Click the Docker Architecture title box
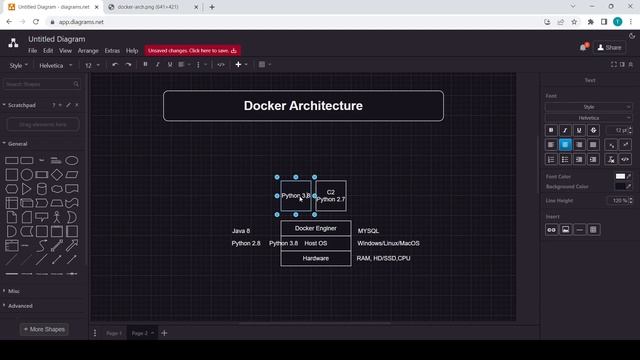click(303, 106)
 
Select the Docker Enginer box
click(315, 229)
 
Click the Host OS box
click(316, 243)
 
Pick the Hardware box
click(315, 258)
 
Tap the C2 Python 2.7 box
click(330, 195)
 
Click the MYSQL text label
click(368, 231)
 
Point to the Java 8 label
click(240, 231)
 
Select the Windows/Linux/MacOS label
click(388, 243)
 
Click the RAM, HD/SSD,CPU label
click(383, 258)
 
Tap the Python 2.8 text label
click(246, 243)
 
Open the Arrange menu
click(88, 50)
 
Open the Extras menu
click(112, 50)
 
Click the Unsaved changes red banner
click(193, 50)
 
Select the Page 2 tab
click(139, 333)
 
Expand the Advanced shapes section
click(20, 306)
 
